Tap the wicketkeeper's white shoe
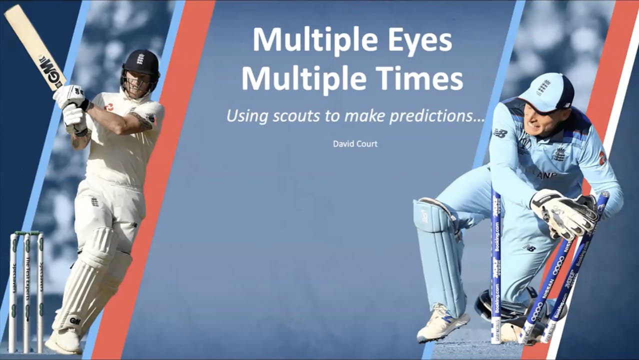pyautogui.click(x=442, y=322)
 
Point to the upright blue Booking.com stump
pyautogui.click(x=496, y=265)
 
